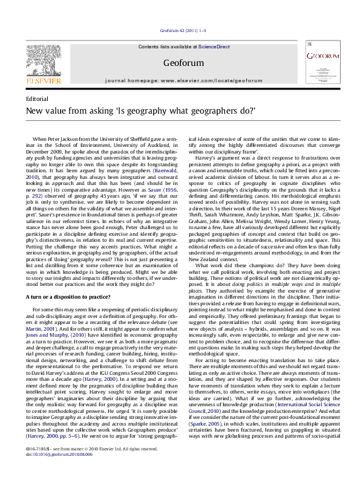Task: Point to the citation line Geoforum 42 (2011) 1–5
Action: [x=183, y=30]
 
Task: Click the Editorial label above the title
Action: [x=38, y=98]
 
